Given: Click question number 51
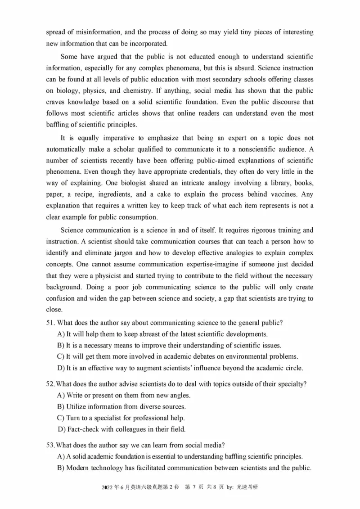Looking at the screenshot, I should pyautogui.click(x=51, y=323).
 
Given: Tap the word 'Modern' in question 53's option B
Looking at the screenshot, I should pyautogui.click(x=79, y=468).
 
